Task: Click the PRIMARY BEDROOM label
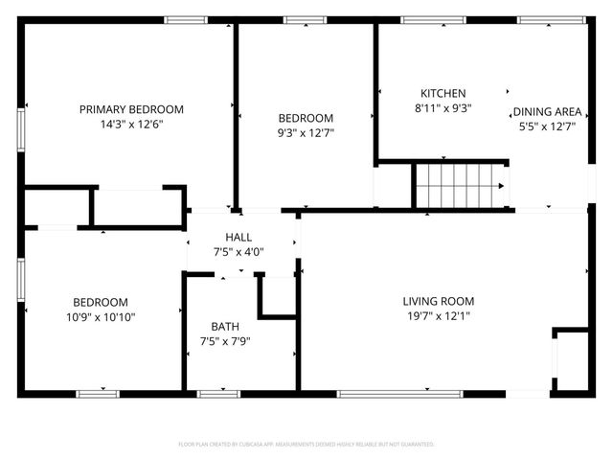click(131, 109)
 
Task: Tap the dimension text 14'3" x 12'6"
click(131, 125)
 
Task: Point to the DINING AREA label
click(547, 110)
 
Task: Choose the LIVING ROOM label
click(438, 301)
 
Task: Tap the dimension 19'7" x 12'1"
click(438, 316)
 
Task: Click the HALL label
click(238, 237)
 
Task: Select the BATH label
click(226, 327)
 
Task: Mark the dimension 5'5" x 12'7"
click(547, 126)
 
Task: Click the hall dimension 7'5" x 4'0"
click(238, 252)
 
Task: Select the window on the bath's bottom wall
click(218, 393)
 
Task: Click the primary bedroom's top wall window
click(185, 19)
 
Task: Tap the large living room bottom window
click(400, 393)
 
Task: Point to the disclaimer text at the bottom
click(306, 445)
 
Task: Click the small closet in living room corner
click(572, 360)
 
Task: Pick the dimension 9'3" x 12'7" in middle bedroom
click(306, 133)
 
